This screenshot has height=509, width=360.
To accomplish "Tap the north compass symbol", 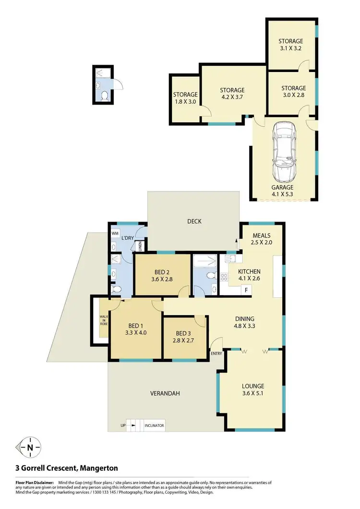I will click(30, 448).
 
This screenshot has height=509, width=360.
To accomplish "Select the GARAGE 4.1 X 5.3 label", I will click(282, 191).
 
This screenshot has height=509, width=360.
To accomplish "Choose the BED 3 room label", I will click(184, 336).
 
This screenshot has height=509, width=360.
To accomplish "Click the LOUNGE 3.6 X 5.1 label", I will click(253, 390).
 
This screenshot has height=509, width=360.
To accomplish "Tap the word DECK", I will click(194, 222).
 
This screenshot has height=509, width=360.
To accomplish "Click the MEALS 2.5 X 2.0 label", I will click(261, 239).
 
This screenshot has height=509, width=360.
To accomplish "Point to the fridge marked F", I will click(246, 290).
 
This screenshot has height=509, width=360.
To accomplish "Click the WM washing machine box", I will click(115, 233).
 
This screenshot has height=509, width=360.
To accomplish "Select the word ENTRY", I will click(216, 354).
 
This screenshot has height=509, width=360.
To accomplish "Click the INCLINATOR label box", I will click(154, 426).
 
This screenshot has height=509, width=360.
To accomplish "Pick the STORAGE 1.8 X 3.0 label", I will click(185, 98).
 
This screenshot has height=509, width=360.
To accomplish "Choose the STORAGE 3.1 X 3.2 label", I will click(292, 45).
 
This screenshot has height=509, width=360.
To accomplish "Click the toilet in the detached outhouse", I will click(104, 95).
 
